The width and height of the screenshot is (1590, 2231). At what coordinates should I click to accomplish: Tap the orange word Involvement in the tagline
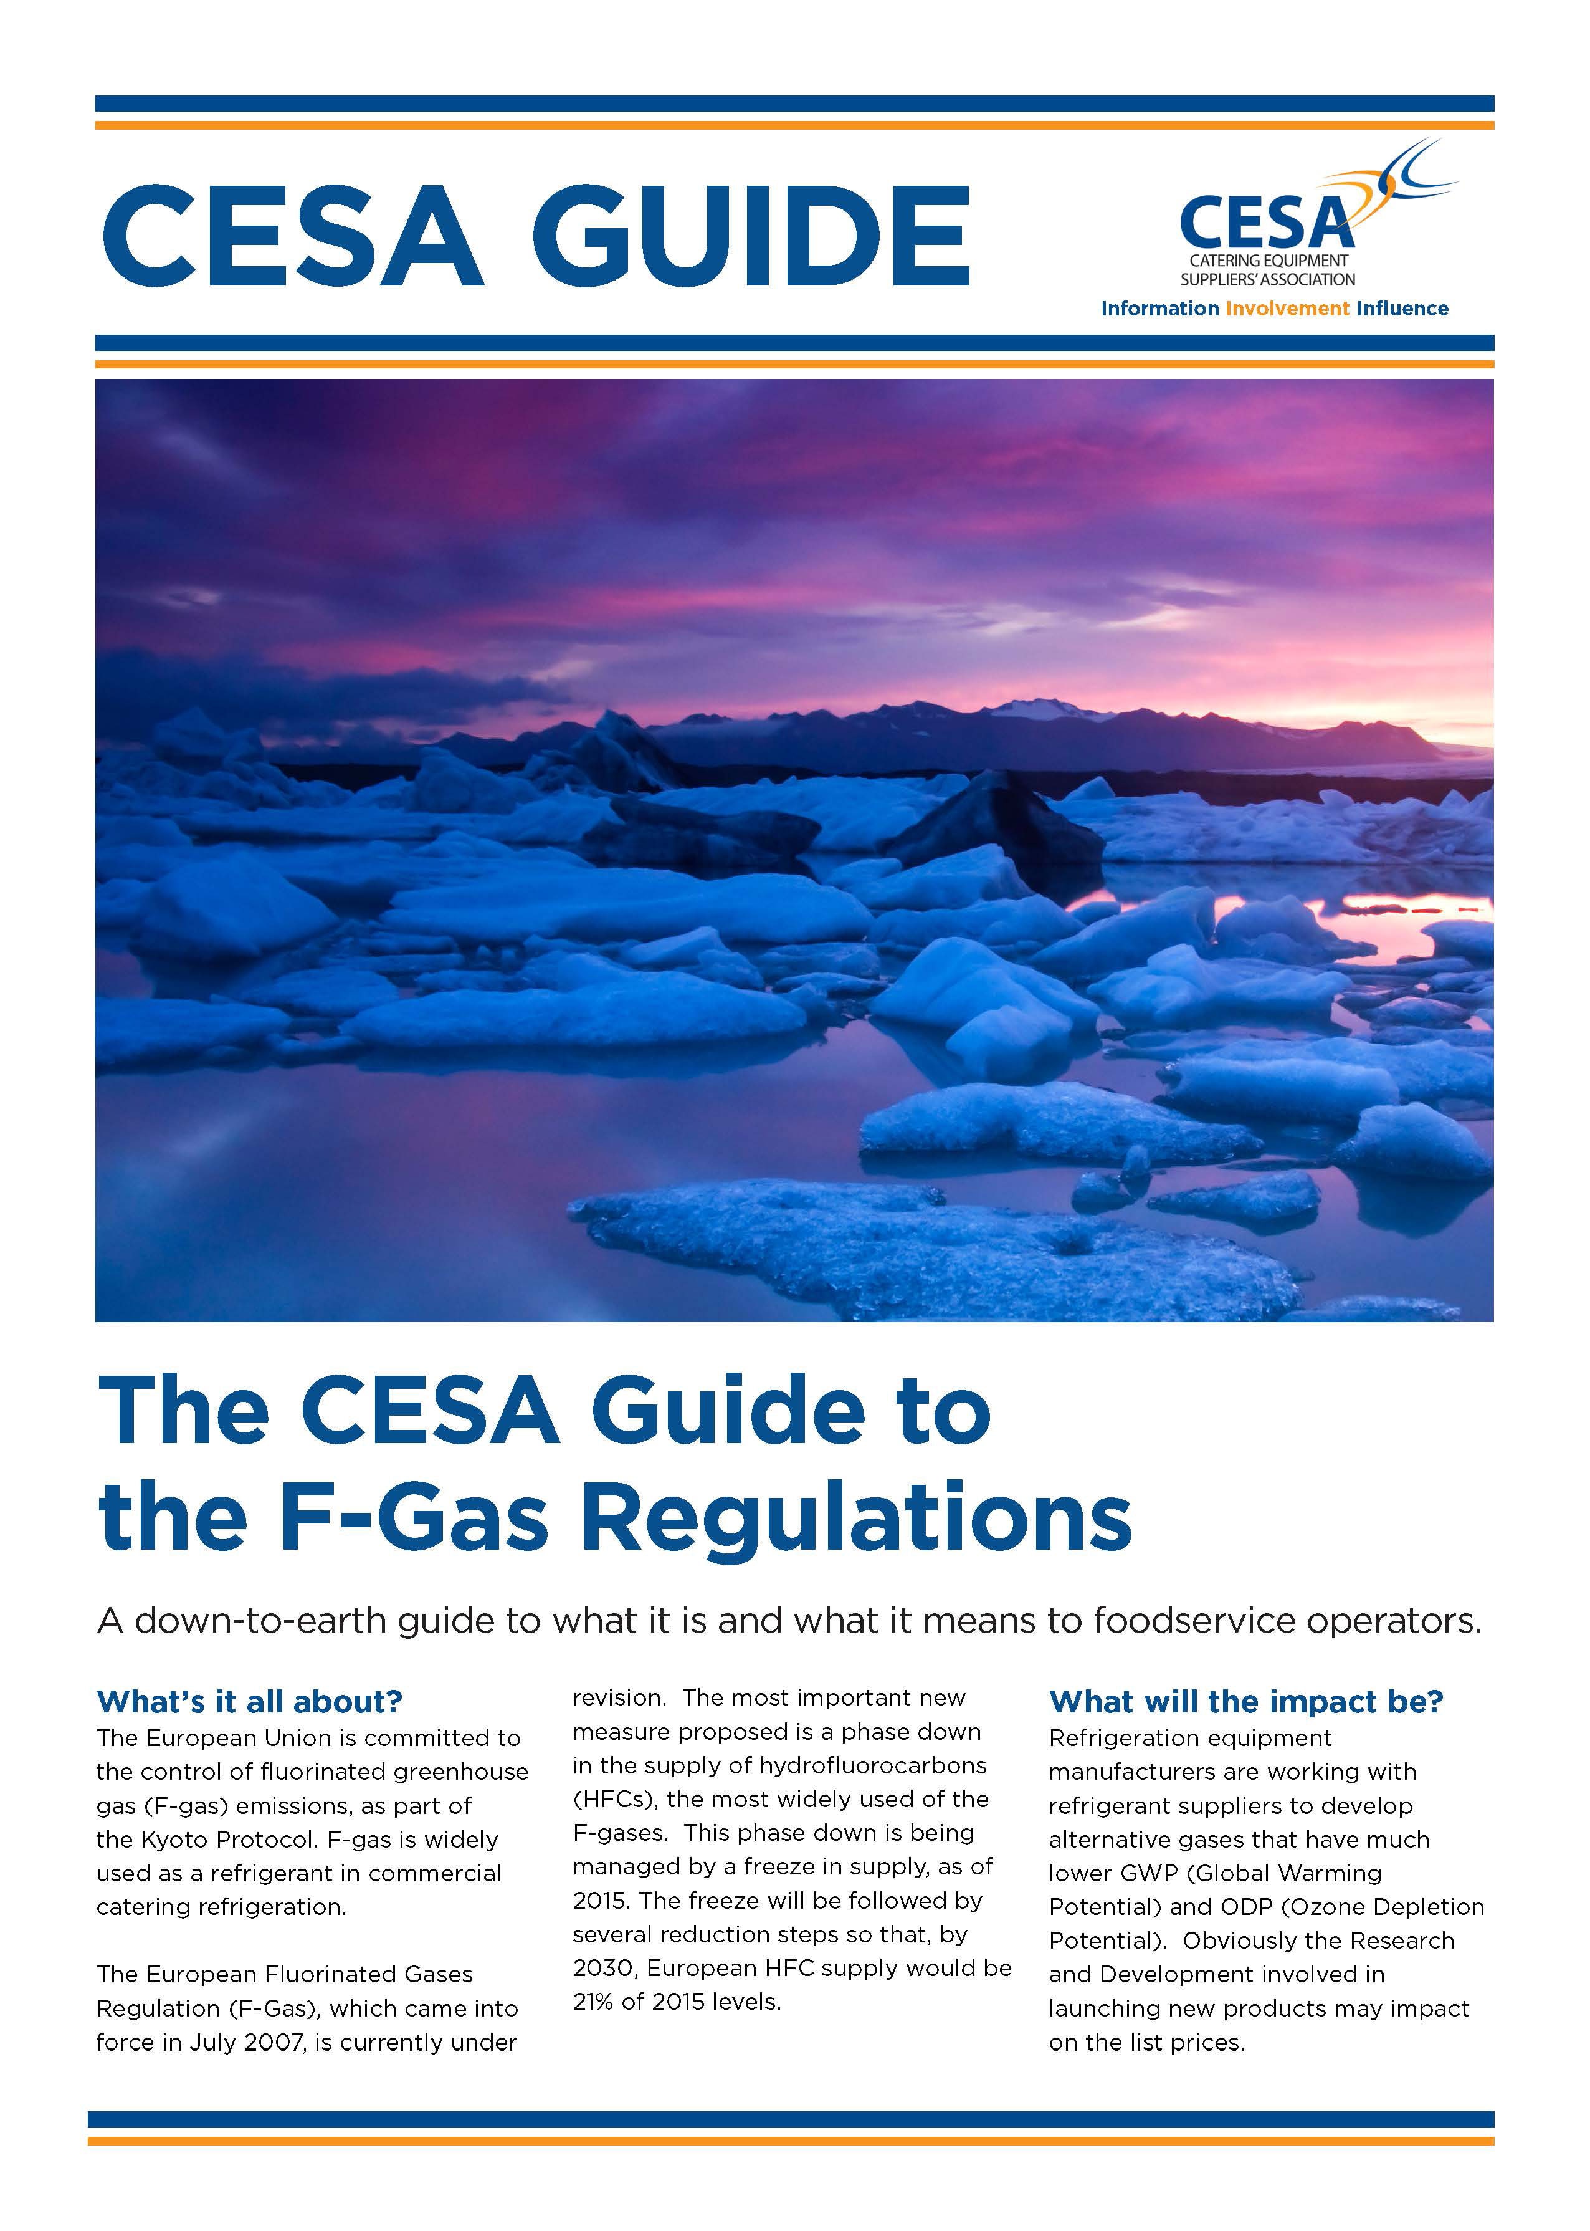pos(1287,309)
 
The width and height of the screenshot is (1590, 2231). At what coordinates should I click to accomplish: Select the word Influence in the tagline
pos(1401,309)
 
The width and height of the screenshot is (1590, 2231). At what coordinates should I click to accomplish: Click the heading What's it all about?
pos(250,1701)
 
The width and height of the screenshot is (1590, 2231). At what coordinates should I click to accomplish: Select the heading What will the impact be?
pos(1245,1701)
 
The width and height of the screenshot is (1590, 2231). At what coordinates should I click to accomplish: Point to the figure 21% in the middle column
pos(593,2002)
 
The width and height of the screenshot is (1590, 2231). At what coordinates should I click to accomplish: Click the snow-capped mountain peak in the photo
pos(1038,707)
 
